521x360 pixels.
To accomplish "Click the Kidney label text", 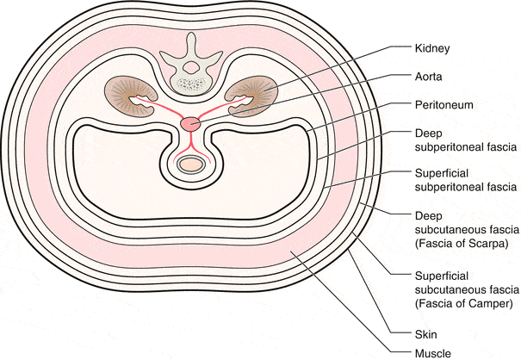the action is pos(432,48).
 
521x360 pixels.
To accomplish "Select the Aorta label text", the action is pos(428,77).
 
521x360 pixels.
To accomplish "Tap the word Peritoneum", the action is pos(443,105).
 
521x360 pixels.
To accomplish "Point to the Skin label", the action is pos(426,334).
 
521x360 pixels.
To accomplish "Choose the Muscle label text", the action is pos(433,353).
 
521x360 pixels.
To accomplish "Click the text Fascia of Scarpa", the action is pos(462,244).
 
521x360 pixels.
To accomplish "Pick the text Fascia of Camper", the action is pos(464,303).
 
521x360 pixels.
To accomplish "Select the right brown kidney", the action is pos(251,96).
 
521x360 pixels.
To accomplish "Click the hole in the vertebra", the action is pos(190,68).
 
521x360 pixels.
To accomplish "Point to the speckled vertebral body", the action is pos(190,84).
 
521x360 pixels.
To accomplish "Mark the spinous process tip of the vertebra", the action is pos(190,34).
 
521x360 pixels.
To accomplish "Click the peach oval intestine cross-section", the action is pos(190,164).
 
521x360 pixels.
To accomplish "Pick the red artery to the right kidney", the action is pos(222,107).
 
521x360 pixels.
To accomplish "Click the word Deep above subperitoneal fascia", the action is pos(429,134).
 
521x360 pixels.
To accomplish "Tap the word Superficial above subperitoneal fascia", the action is pos(442,173).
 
